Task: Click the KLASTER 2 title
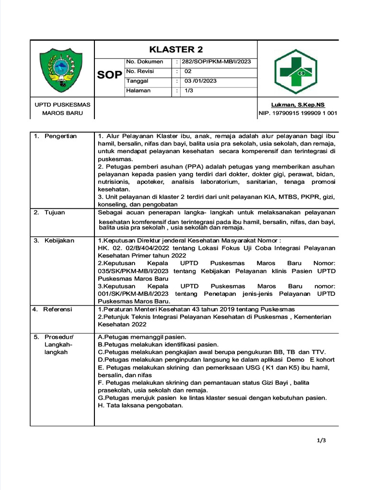[x=175, y=50]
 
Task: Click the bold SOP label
[x=110, y=75]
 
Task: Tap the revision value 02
[x=188, y=71]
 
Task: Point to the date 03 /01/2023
[x=200, y=81]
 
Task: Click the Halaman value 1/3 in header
[x=189, y=90]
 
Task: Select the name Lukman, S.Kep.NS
[x=298, y=104]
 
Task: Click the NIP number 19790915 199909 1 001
[x=298, y=113]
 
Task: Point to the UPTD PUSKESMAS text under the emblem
[x=62, y=104]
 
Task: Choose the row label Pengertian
[x=60, y=136]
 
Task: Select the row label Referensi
[x=57, y=310]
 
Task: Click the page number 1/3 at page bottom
[x=321, y=441]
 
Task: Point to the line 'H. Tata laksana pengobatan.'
[x=140, y=405]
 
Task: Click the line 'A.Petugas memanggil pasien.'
[x=142, y=337]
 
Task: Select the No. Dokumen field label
[x=144, y=62]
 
